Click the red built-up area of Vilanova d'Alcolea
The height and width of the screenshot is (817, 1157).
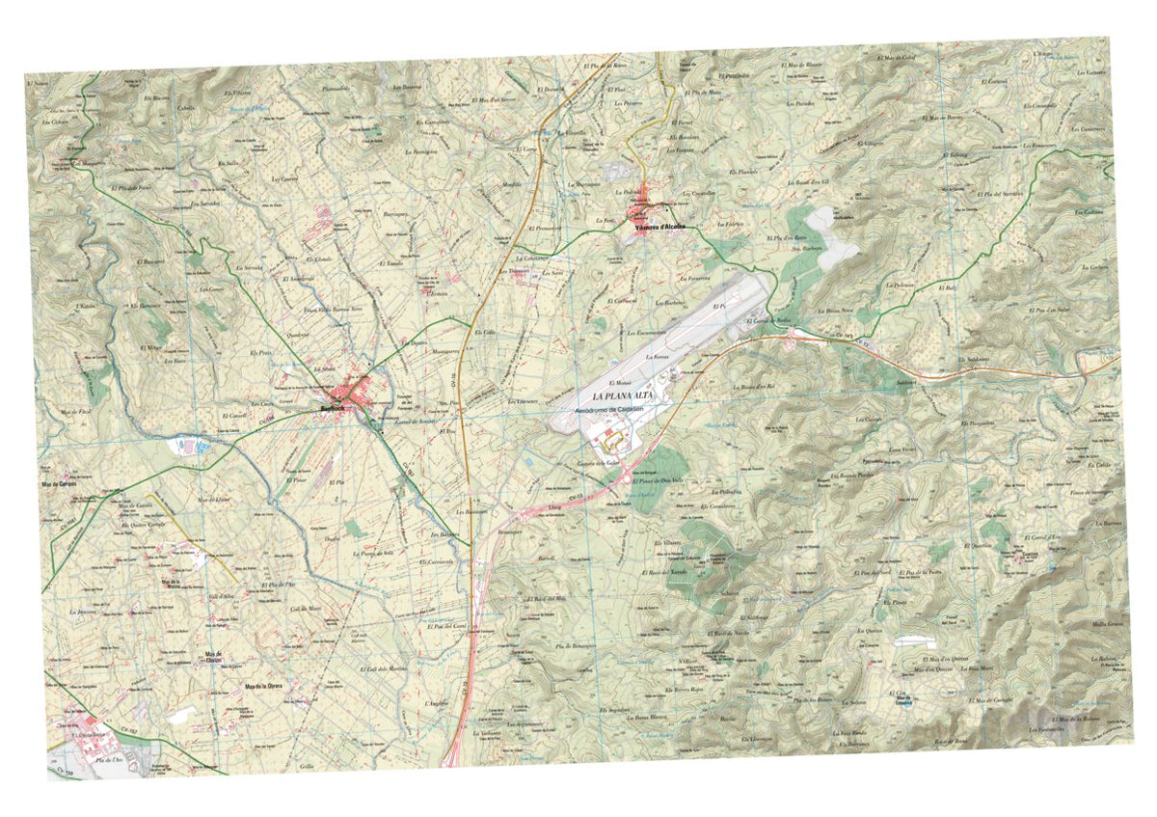coord(649,215)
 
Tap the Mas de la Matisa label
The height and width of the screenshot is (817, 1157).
coord(174,585)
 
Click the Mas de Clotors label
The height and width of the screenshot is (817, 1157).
coord(214,657)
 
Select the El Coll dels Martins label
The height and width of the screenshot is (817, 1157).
coord(383,668)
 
